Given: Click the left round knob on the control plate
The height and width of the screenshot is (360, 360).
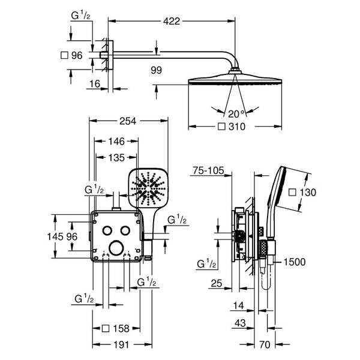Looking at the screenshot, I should point(107,232).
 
